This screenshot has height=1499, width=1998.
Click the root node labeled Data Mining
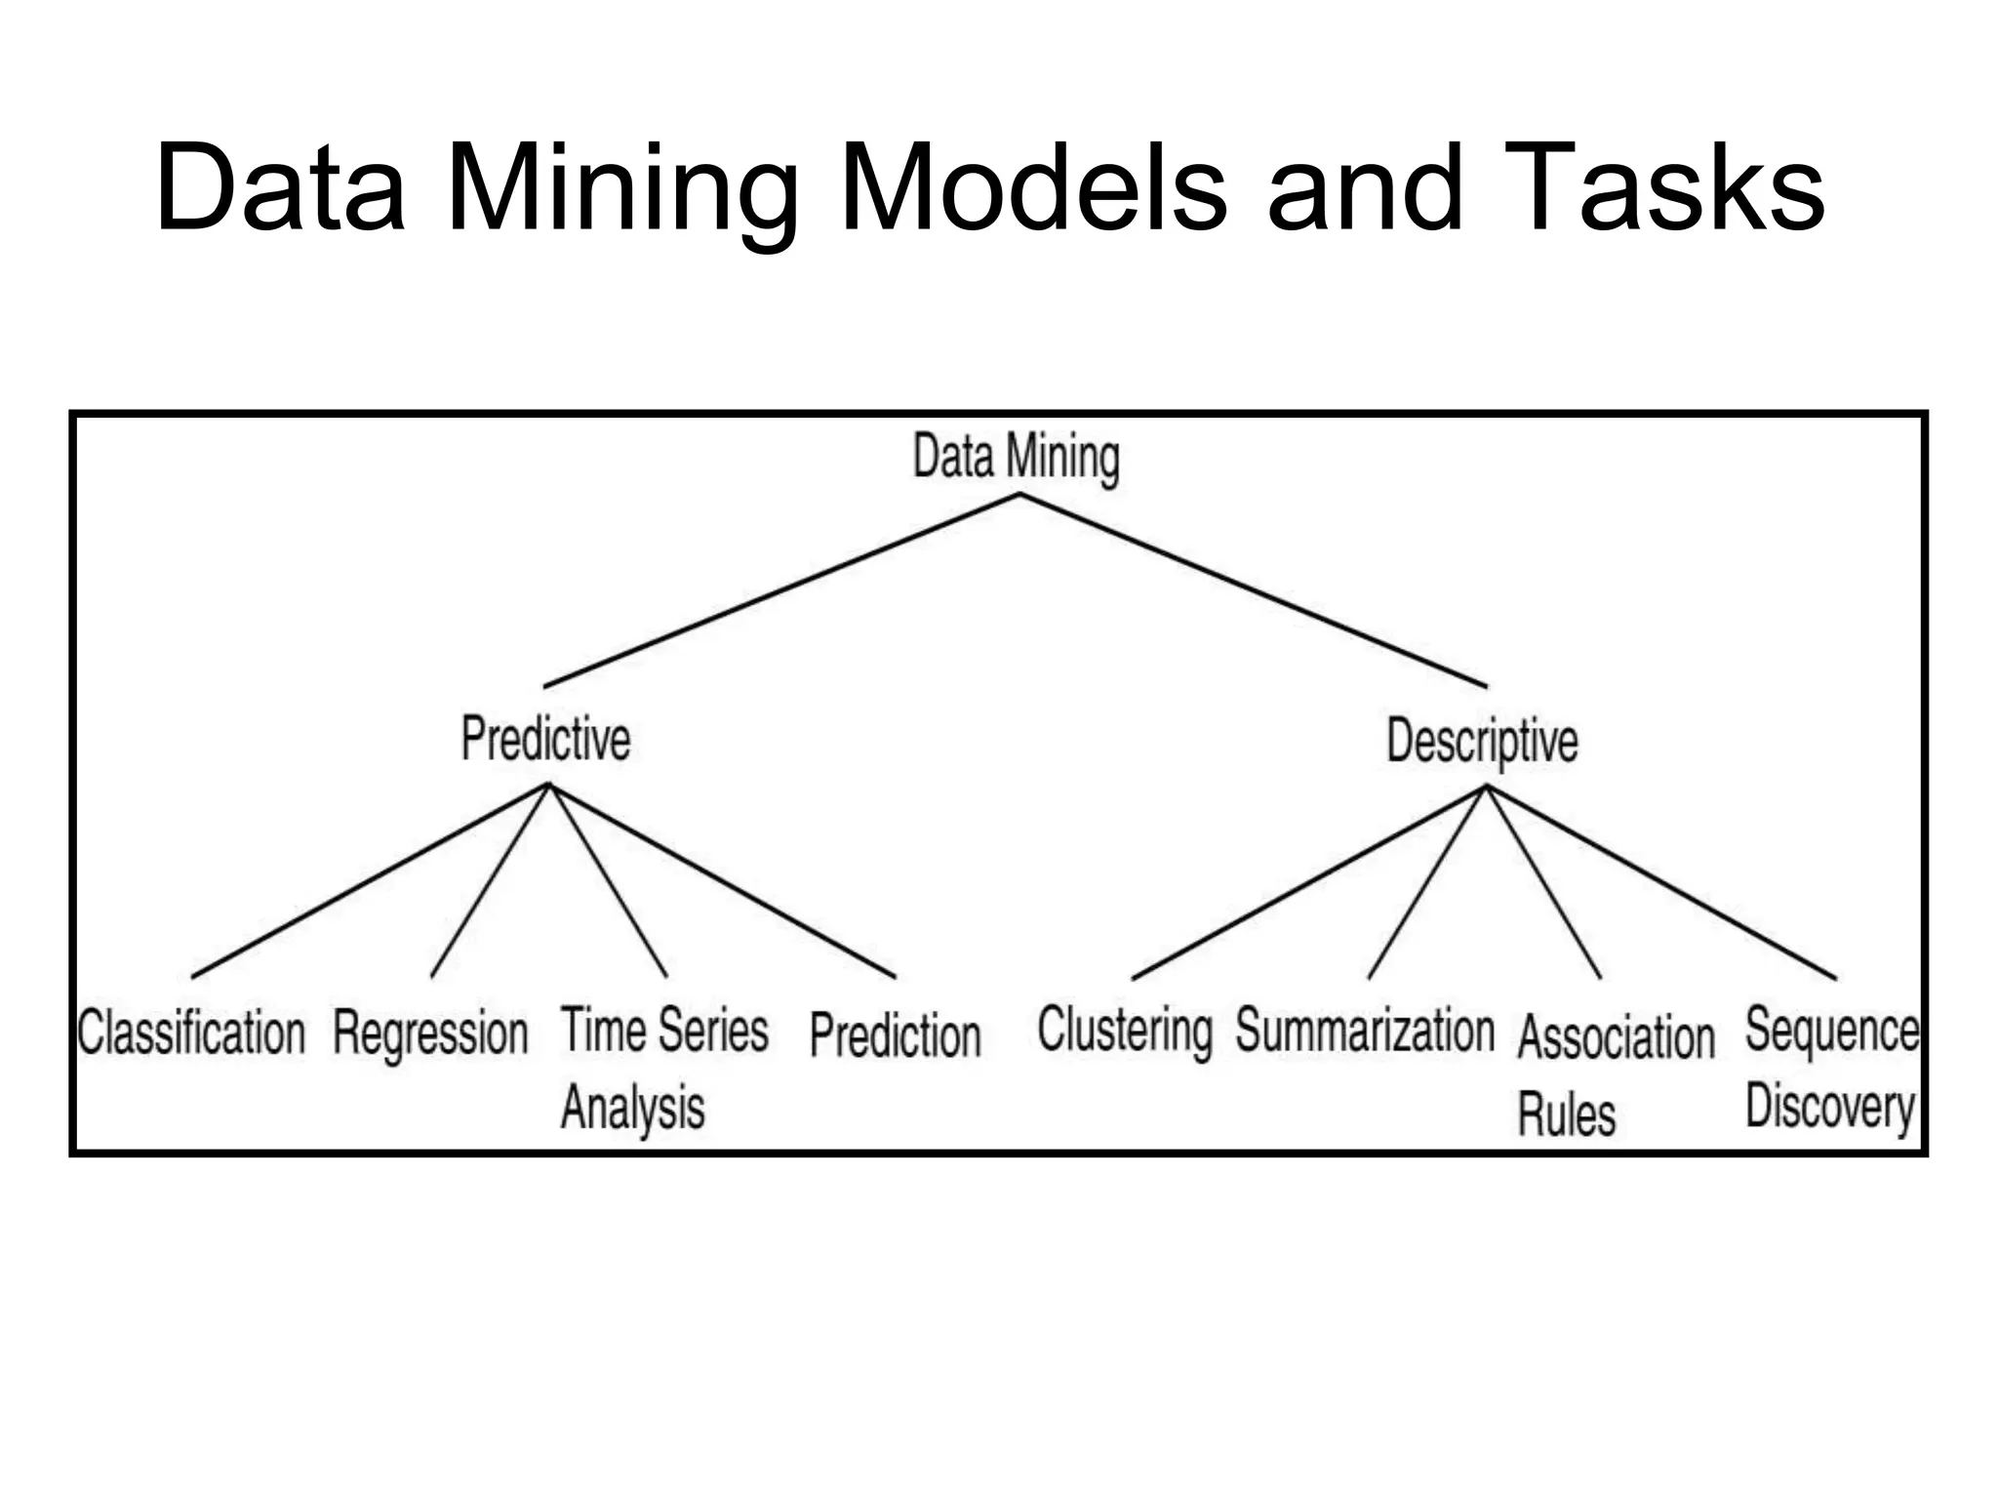(x=1016, y=457)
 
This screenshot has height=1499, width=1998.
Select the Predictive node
(x=545, y=739)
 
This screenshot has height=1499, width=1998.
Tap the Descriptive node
(x=1482, y=741)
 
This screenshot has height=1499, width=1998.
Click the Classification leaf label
(x=191, y=1033)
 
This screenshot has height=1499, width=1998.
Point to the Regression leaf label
(x=430, y=1033)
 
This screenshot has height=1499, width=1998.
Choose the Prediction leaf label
(x=895, y=1035)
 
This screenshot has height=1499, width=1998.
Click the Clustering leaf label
(x=1125, y=1032)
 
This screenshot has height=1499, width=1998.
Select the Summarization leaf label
(x=1365, y=1031)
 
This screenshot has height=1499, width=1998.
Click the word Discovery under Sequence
(x=1830, y=1109)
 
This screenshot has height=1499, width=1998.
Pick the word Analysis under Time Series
(x=632, y=1108)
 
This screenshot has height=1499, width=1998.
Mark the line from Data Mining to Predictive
(x=780, y=590)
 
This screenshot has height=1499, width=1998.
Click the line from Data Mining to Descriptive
(x=1254, y=590)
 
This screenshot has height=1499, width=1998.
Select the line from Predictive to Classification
(x=371, y=880)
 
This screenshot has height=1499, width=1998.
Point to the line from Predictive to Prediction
(x=722, y=880)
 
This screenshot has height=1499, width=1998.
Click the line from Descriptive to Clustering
(x=1309, y=883)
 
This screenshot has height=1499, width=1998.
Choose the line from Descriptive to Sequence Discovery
(x=1661, y=883)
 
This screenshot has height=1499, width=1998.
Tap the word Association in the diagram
(x=1616, y=1036)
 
